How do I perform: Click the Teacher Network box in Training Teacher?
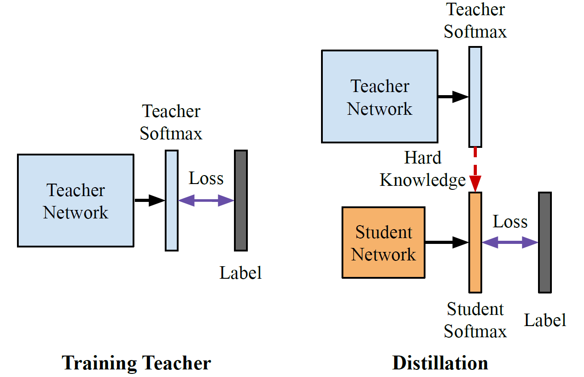pyautogui.click(x=75, y=201)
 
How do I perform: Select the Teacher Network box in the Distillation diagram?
pyautogui.click(x=380, y=96)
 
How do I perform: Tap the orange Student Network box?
pyautogui.click(x=383, y=243)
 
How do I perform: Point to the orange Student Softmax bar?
pyautogui.click(x=476, y=242)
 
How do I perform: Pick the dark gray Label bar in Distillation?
pyautogui.click(x=545, y=242)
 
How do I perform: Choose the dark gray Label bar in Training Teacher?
pyautogui.click(x=241, y=200)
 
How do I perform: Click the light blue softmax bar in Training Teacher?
pyautogui.click(x=171, y=200)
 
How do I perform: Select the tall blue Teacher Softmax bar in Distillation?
pyautogui.click(x=475, y=96)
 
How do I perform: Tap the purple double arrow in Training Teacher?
pyautogui.click(x=206, y=201)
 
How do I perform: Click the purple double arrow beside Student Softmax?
pyautogui.click(x=510, y=243)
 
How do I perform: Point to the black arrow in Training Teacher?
pyautogui.click(x=150, y=201)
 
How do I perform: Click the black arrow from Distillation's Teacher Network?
pyautogui.click(x=453, y=96)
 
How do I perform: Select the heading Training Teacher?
pyautogui.click(x=136, y=363)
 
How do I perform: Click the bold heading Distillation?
pyautogui.click(x=440, y=363)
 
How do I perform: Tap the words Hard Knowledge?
pyautogui.click(x=422, y=169)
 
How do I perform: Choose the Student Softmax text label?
pyautogui.click(x=475, y=320)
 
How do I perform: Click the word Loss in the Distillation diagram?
pyautogui.click(x=510, y=222)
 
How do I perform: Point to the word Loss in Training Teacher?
pyautogui.click(x=206, y=178)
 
